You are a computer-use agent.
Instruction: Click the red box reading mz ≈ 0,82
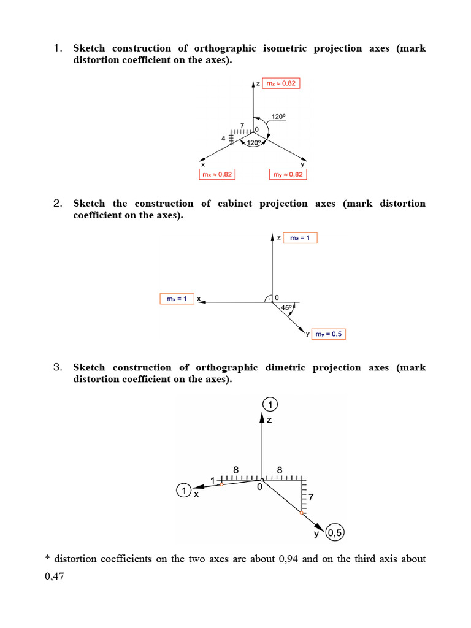pos(281,83)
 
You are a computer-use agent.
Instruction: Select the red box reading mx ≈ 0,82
pos(218,174)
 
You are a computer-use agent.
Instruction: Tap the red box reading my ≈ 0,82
pos(288,174)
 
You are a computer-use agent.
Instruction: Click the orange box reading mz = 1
pos(300,238)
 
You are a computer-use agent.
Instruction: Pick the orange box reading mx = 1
pos(177,299)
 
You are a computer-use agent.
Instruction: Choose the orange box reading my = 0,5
pos(329,334)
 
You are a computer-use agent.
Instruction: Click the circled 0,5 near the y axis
pos(335,533)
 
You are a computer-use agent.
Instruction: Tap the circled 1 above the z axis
pos(270,404)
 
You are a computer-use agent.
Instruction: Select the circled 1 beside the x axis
pos(183,491)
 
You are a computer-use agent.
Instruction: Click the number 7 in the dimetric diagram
pos(310,497)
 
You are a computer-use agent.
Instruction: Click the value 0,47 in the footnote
pos(55,577)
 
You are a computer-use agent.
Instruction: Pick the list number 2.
pos(58,204)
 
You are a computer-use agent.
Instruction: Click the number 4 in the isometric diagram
pos(224,139)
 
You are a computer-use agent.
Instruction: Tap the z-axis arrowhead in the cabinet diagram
pos(272,237)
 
